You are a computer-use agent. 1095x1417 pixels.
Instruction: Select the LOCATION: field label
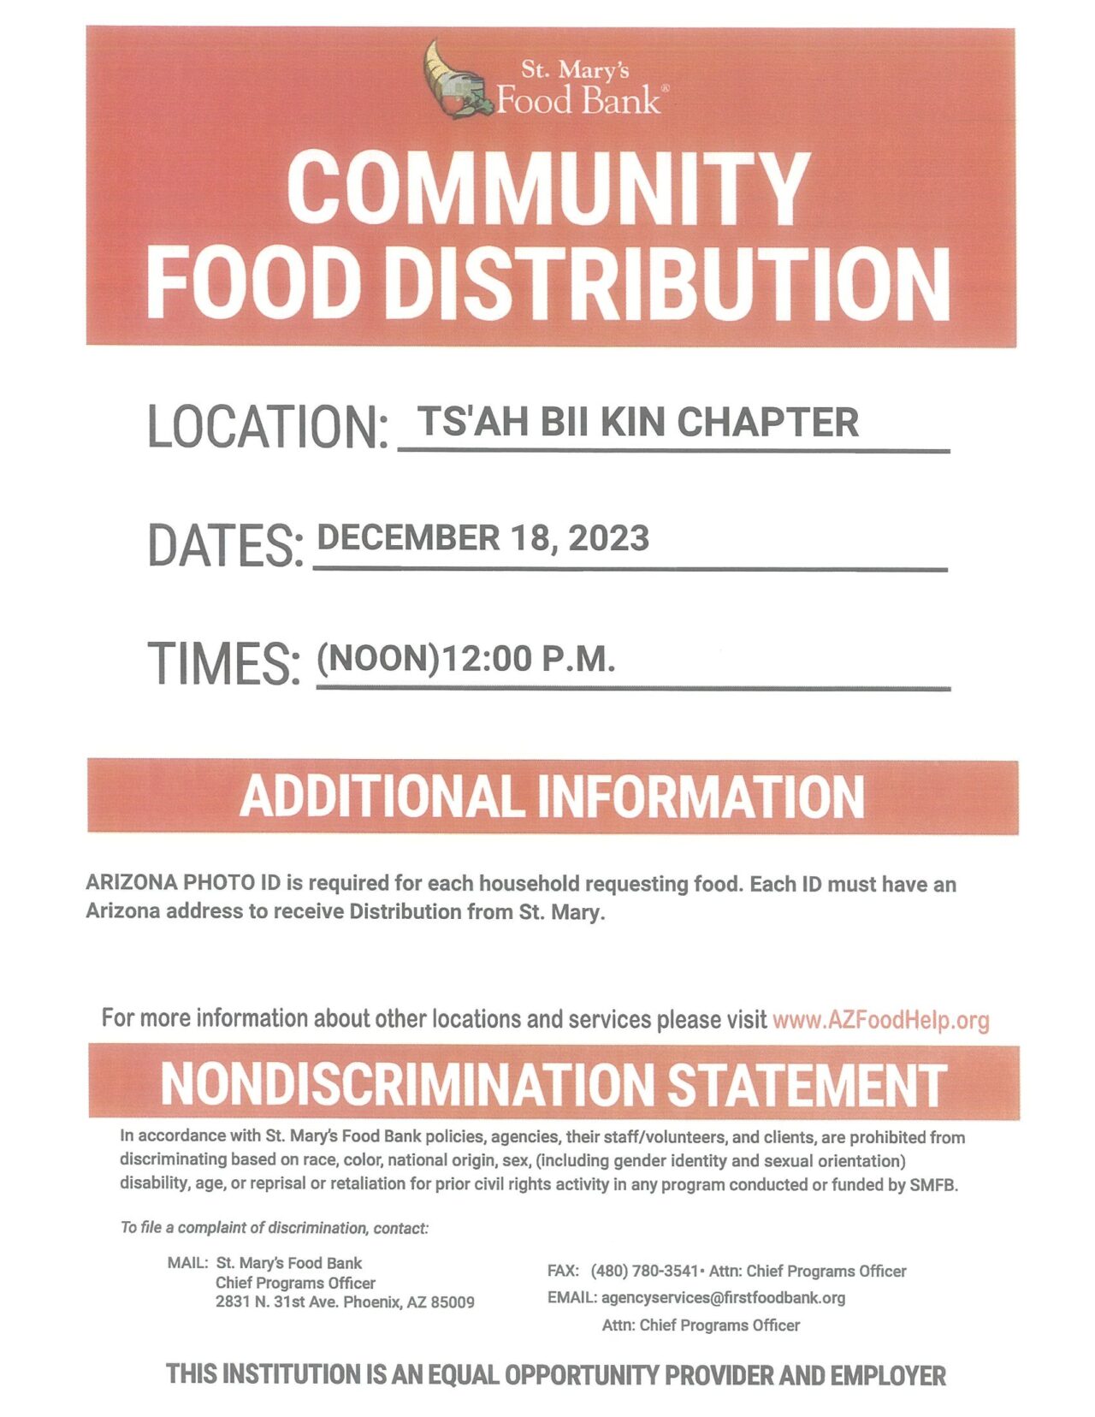tap(268, 426)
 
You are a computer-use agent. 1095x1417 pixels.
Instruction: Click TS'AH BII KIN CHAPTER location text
tap(638, 422)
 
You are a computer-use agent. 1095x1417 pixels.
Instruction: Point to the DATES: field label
tap(225, 545)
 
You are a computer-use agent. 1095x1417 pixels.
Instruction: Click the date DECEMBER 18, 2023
tap(482, 538)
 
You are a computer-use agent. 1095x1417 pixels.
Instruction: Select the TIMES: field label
tap(224, 663)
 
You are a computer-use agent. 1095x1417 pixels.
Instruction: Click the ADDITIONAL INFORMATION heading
tap(552, 797)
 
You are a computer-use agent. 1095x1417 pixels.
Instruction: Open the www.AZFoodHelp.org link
tap(880, 1020)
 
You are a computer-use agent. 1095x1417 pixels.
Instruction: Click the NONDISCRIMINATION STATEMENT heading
tap(553, 1083)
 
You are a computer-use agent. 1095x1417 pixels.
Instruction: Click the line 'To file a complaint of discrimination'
tap(274, 1228)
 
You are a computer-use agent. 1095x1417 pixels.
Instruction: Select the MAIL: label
tap(187, 1263)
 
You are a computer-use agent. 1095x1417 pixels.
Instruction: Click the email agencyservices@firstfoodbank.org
tap(723, 1298)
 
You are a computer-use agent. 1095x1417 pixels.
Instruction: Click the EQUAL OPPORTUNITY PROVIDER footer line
tap(556, 1375)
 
